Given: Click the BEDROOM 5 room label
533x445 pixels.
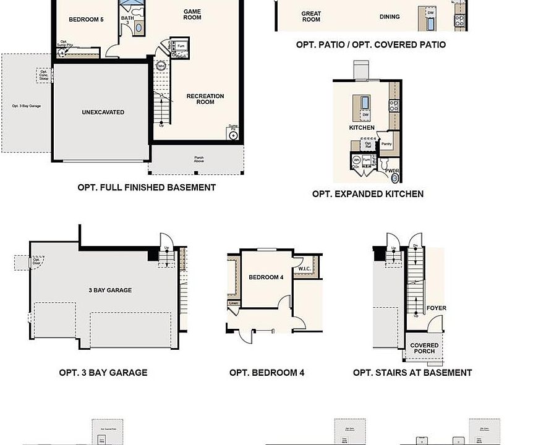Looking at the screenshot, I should [86, 20].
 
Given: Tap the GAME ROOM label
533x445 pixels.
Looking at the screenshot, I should [192, 14].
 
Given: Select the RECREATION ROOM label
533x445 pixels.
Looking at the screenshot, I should [205, 99].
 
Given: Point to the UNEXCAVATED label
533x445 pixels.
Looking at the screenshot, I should [103, 112].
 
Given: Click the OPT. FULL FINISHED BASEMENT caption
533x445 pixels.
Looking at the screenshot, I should [147, 187].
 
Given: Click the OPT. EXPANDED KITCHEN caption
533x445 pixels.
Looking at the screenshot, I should [368, 194].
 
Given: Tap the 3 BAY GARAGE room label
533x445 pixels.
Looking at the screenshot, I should [110, 290].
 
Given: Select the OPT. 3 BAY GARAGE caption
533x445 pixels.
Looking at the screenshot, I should [103, 373].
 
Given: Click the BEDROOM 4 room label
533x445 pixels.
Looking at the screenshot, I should [266, 278].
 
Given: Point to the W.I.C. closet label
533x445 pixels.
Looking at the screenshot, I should [304, 268].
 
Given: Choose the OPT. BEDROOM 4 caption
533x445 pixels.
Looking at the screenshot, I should [266, 373].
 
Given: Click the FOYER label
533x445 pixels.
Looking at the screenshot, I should [437, 308].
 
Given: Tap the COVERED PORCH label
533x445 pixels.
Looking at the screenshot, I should [425, 349].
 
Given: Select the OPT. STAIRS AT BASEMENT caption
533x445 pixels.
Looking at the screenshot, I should [412, 373].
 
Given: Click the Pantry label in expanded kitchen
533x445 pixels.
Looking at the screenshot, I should [386, 144].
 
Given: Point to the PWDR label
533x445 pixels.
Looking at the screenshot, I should [393, 171].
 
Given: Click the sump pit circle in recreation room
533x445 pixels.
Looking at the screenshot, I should [233, 135].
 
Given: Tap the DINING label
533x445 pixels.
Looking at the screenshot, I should [390, 17].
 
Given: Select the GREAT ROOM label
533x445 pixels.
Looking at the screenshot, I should [311, 17].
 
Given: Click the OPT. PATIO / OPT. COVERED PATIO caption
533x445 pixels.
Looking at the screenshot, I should [371, 45].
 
